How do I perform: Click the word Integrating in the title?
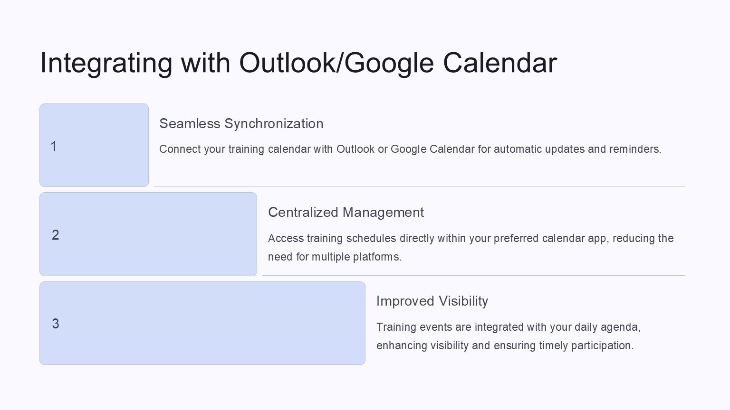106,64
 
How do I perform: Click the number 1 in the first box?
54,146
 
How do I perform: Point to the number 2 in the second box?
56,235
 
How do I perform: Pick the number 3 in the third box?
56,324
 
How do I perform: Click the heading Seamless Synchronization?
241,124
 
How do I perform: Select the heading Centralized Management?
346,213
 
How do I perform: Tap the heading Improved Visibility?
432,301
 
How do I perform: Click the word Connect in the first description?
180,149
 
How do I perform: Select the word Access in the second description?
286,238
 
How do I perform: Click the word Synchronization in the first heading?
274,124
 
